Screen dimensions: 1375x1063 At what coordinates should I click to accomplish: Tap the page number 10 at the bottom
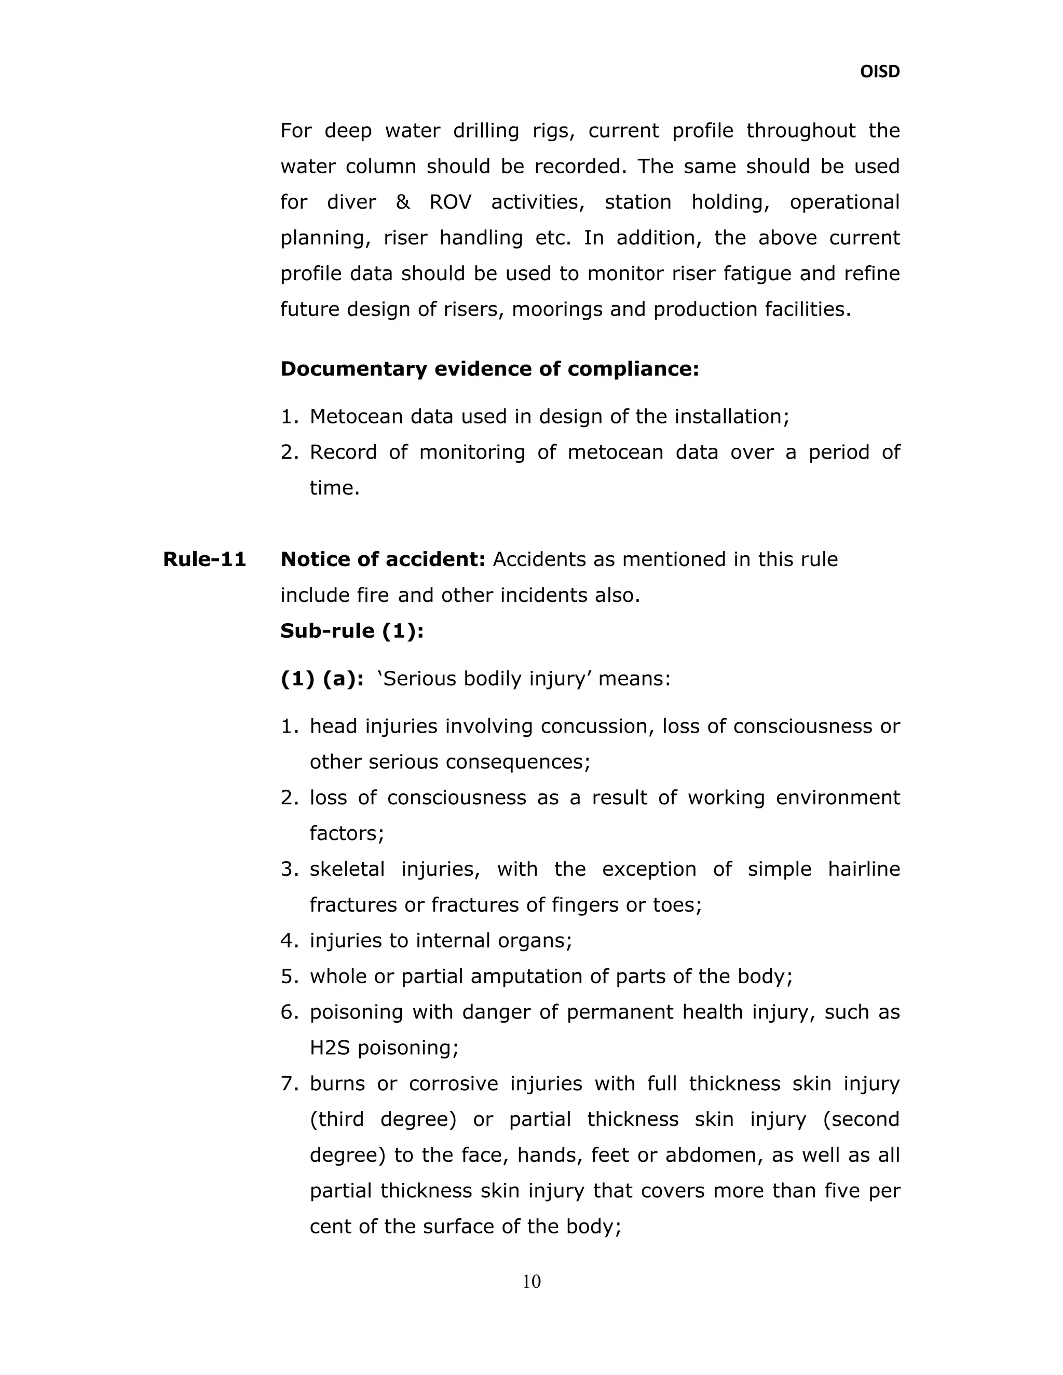pyautogui.click(x=531, y=1281)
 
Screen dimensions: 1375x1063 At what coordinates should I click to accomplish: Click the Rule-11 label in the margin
pyautogui.click(x=204, y=559)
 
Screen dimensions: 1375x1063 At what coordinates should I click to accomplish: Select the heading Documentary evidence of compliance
pyautogui.click(x=489, y=368)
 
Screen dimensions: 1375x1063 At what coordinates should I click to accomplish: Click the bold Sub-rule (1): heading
pyautogui.click(x=352, y=631)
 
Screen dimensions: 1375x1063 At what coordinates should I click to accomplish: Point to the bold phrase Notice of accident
pyautogui.click(x=382, y=559)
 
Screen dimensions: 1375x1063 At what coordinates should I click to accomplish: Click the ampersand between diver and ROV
pyautogui.click(x=403, y=202)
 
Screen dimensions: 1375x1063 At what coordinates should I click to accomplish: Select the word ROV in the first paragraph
pyautogui.click(x=450, y=202)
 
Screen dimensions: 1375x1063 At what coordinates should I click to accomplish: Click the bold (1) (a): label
pyautogui.click(x=322, y=679)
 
